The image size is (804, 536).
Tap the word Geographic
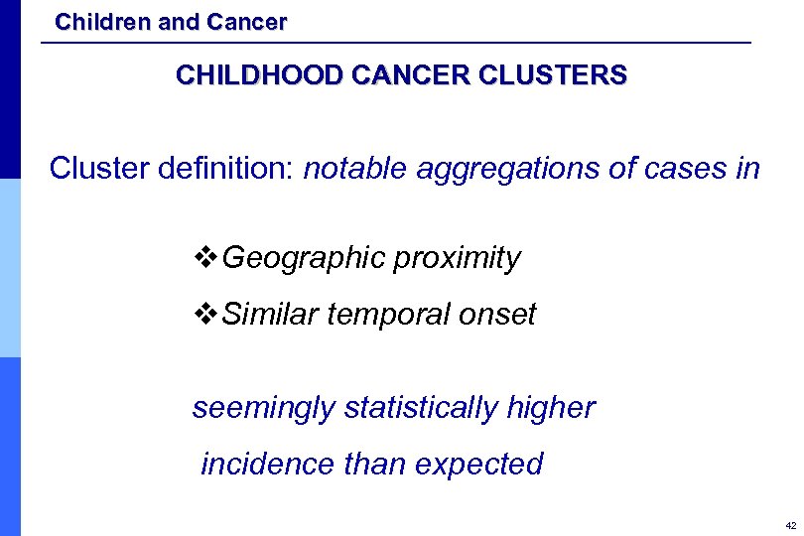(304, 259)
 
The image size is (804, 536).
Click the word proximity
(457, 259)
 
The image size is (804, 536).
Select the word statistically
(423, 408)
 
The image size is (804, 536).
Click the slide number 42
(789, 524)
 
